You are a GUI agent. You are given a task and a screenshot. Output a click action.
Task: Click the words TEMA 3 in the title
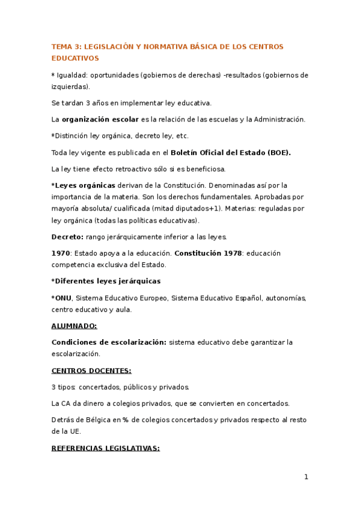pos(64,47)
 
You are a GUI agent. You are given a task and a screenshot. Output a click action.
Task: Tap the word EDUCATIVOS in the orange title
pos(75,58)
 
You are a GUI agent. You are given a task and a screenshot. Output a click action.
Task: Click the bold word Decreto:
pos(67,236)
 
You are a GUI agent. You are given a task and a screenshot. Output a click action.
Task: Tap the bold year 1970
pos(61,253)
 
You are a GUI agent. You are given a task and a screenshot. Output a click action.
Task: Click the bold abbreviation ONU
pos(63,298)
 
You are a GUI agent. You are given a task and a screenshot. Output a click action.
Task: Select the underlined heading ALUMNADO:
pos(74,326)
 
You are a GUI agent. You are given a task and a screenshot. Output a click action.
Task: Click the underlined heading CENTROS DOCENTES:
pos(91,370)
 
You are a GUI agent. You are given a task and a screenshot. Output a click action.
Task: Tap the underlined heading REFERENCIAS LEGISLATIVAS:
pos(105,448)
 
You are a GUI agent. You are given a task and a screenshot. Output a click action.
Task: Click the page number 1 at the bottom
pos(306,477)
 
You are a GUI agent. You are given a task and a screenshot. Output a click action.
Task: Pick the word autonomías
pos(285,298)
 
